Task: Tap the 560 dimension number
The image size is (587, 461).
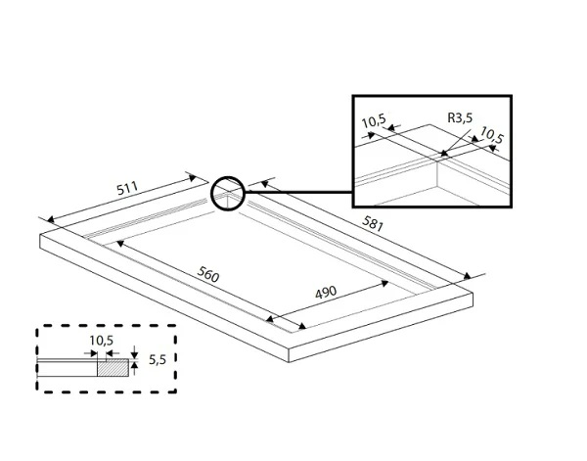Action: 207,275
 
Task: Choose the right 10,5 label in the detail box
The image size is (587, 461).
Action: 493,139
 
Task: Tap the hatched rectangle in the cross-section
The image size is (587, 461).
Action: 113,367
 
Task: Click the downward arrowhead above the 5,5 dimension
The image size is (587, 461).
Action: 134,354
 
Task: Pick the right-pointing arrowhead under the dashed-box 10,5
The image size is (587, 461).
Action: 93,352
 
